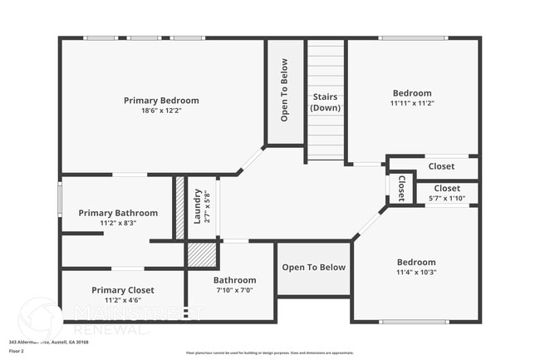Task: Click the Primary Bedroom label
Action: (x=161, y=101)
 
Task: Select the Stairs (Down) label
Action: (x=325, y=103)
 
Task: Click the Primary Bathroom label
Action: (x=118, y=213)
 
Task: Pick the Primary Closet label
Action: (x=123, y=289)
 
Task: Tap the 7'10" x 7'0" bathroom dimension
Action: (x=234, y=290)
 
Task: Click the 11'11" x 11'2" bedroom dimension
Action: (x=412, y=103)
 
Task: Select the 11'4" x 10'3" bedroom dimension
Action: (x=415, y=272)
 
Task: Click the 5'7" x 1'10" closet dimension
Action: (x=447, y=199)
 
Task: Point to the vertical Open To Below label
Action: (x=284, y=90)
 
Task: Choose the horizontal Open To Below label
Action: (x=313, y=267)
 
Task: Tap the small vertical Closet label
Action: (x=401, y=187)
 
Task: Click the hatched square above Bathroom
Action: (x=200, y=254)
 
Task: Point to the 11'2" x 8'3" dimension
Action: (x=118, y=223)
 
